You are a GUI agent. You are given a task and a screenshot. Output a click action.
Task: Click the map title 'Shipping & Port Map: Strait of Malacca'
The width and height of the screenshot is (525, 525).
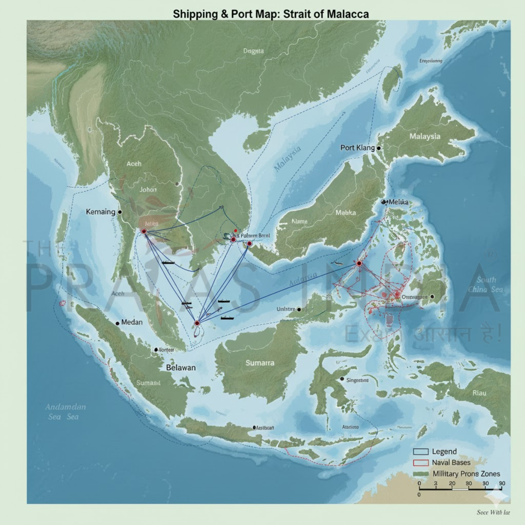point(270,14)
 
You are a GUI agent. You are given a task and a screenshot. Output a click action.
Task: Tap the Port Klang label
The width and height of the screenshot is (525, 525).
point(357,148)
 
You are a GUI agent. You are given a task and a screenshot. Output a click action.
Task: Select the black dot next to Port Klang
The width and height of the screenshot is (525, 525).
point(378,148)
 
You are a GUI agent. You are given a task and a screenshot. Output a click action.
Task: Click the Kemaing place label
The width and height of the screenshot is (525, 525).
point(100,212)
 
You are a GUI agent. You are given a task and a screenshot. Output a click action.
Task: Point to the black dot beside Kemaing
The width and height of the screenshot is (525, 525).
point(120,212)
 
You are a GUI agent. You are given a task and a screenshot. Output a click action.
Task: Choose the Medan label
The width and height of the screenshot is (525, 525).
point(132,322)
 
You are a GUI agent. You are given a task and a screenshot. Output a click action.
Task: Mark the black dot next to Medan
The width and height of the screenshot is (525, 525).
point(117,323)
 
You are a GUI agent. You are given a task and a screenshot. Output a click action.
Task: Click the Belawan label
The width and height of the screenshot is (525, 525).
point(181,367)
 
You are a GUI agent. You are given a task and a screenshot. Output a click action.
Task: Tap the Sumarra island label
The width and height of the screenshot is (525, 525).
point(260,363)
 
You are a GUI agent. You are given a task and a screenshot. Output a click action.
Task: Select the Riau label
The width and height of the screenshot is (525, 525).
point(479,393)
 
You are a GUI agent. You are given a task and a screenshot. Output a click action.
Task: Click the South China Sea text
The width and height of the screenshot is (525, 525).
point(486,284)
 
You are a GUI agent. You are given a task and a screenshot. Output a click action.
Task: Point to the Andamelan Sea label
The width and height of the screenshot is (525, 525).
point(65,411)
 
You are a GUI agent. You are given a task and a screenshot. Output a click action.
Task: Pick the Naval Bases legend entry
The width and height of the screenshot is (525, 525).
point(451,462)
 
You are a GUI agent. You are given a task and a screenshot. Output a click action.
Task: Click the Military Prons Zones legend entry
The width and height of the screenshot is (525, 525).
point(466,473)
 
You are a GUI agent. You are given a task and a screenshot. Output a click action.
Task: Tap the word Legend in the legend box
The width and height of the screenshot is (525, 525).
point(444,451)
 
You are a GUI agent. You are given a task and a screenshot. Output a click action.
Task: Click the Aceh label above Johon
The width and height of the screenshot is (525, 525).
point(134,164)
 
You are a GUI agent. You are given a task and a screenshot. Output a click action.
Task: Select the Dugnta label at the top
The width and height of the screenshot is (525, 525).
point(253,51)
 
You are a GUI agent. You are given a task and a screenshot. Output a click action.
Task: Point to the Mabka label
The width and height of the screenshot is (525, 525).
point(346,213)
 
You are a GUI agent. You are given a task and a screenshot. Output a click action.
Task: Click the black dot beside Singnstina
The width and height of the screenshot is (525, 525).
point(342,378)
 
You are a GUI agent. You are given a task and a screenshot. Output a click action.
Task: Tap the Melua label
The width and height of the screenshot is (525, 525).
point(398,202)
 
